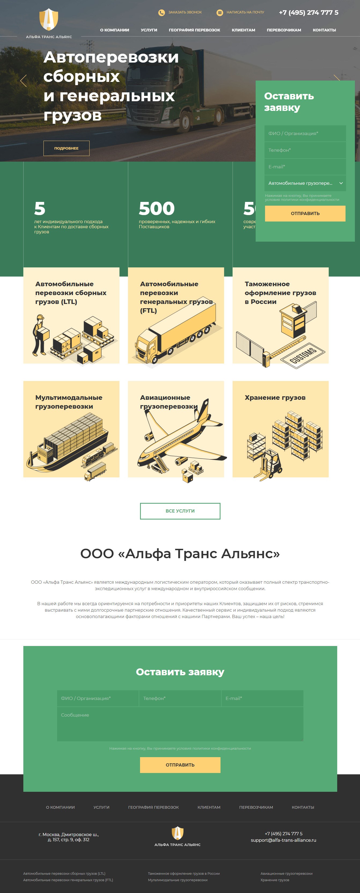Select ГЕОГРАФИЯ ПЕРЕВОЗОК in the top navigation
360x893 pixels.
194,30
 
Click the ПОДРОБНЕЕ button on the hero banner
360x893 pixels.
66,148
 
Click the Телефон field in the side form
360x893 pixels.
305,150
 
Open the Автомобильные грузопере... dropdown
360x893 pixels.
305,183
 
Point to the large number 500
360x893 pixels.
157,208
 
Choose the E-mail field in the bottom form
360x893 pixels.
262,698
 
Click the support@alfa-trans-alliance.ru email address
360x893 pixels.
284,840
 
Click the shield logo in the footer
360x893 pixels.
177,833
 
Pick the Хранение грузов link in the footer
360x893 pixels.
275,880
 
